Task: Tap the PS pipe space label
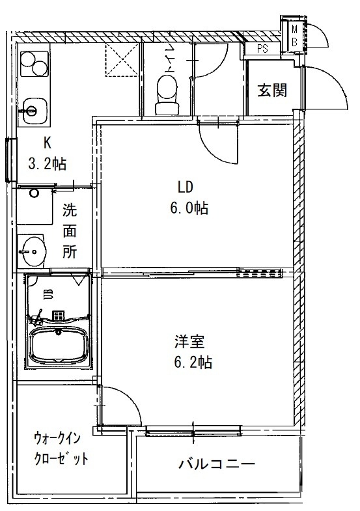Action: [x=262, y=48]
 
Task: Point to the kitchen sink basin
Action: [x=33, y=108]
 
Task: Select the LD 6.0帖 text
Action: [x=186, y=198]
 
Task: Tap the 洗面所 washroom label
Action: [x=70, y=231]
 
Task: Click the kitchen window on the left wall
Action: [x=8, y=159]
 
